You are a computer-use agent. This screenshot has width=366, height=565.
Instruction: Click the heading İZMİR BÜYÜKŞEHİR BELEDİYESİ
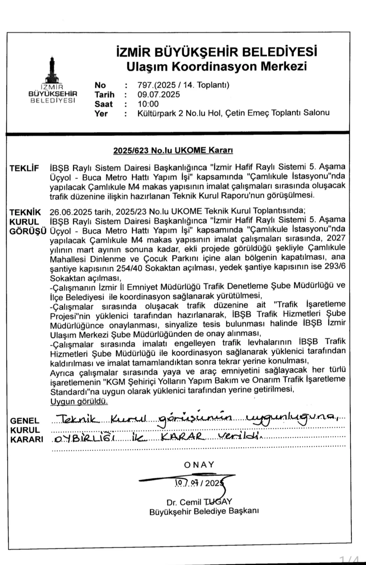point(217,52)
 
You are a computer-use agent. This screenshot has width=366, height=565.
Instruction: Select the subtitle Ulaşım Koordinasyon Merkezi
point(217,66)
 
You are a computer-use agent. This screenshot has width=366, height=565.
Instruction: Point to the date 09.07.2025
point(158,94)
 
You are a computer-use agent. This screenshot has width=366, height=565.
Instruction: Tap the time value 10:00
point(148,104)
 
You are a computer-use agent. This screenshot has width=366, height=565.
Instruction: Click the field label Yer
point(101,113)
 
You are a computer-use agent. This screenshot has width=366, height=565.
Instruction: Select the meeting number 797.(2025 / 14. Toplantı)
point(183,85)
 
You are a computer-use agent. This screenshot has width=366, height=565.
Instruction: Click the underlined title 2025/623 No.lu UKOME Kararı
point(173,150)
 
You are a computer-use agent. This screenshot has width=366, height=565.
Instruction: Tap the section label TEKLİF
point(24,168)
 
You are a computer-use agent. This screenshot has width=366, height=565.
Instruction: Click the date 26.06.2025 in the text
point(71,212)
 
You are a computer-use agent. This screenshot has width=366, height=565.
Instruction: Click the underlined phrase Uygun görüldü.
point(79,401)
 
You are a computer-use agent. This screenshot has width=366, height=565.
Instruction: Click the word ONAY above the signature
point(199,464)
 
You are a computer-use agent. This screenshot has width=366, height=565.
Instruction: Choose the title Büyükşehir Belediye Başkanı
point(204,512)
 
